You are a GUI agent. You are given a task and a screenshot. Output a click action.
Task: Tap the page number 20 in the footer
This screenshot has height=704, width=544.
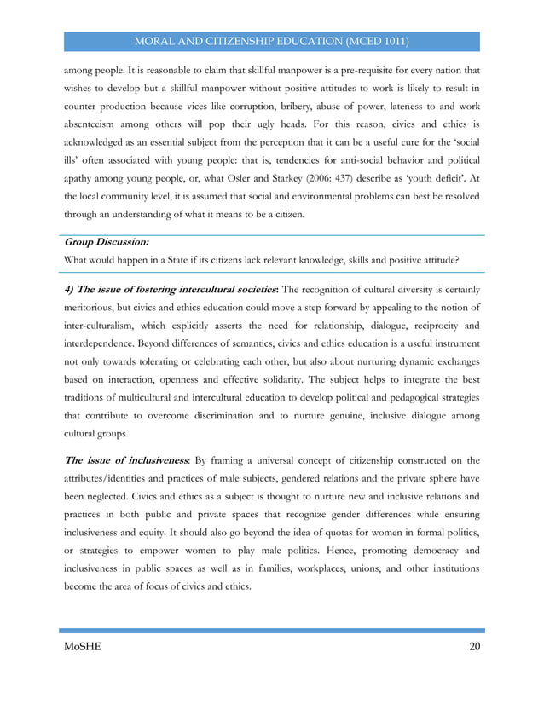[x=474, y=648]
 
